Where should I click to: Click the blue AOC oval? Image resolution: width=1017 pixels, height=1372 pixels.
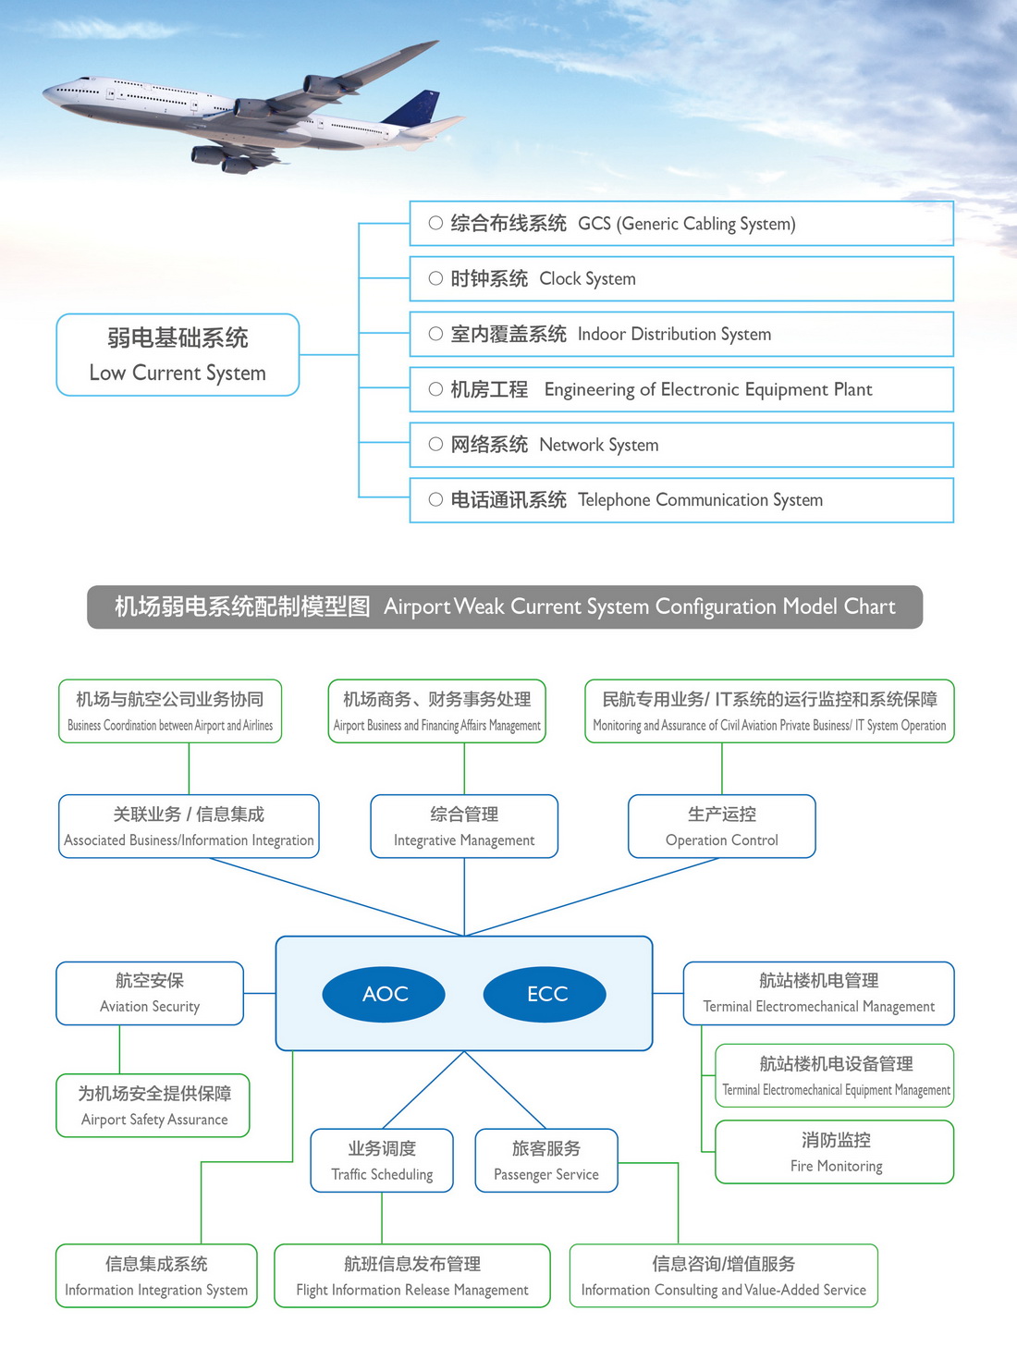[x=384, y=994]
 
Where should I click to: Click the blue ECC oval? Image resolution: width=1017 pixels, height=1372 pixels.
[x=545, y=994]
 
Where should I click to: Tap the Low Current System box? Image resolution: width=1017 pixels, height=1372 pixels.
[x=178, y=355]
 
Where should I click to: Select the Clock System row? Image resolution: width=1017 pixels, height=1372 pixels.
[x=681, y=278]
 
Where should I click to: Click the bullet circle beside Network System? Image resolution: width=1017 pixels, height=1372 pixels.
[x=435, y=445]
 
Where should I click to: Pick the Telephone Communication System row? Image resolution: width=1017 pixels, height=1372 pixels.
[x=681, y=500]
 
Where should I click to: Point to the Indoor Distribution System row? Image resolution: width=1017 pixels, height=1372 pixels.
[x=681, y=334]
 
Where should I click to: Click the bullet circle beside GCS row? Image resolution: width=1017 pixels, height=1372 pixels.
[x=435, y=223]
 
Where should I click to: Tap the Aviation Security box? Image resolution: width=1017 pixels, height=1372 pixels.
[x=150, y=993]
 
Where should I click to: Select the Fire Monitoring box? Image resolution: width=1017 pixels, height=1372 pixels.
[x=835, y=1152]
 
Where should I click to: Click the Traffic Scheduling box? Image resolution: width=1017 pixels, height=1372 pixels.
[x=382, y=1160]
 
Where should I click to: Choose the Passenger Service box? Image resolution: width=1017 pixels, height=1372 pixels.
[x=546, y=1160]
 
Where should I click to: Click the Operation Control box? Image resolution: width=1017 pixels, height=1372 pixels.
[x=722, y=827]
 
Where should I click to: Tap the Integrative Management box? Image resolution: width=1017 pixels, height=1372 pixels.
[x=464, y=827]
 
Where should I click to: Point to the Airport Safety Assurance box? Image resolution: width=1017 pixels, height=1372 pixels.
[x=153, y=1106]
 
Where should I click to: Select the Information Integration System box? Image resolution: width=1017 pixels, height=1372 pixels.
[x=156, y=1276]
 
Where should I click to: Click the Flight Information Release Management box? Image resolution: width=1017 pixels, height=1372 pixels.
[x=412, y=1276]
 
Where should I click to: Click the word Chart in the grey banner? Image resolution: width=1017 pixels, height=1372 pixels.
[x=869, y=606]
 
